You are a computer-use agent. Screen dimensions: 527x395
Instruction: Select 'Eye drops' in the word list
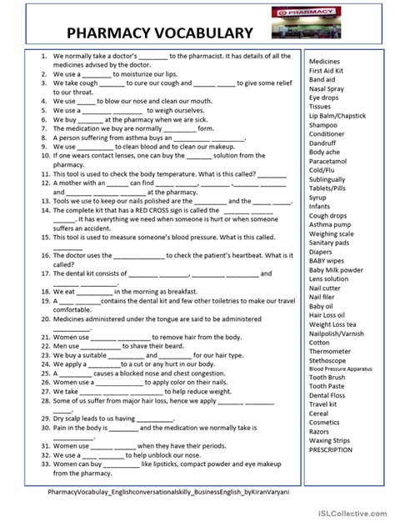point(324,98)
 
